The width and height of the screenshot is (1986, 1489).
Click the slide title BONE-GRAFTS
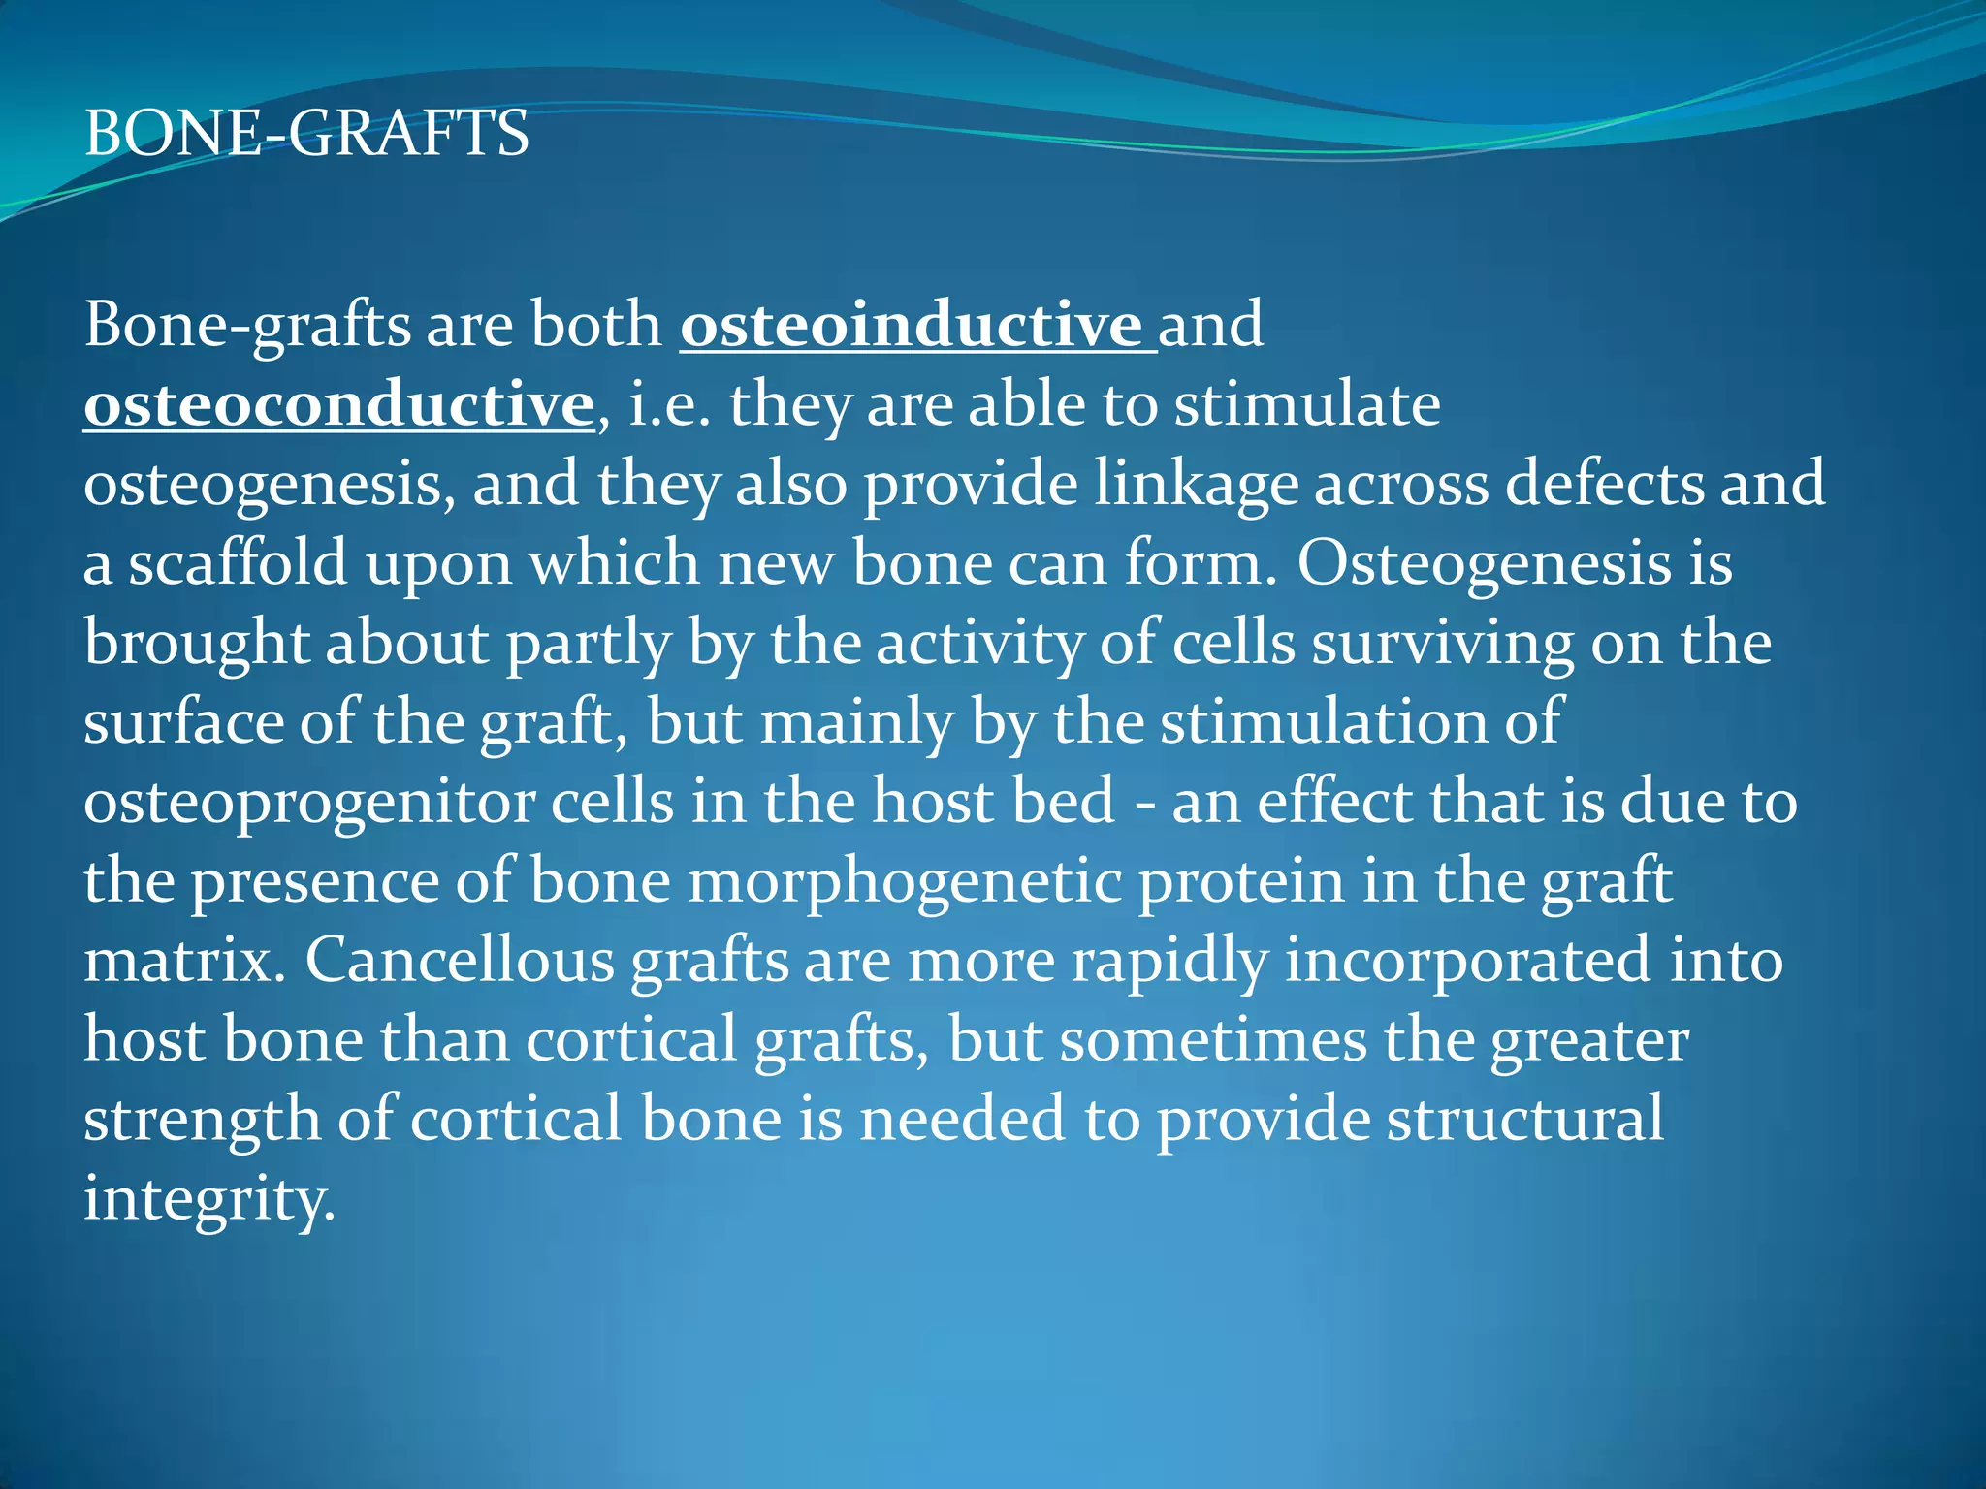pyautogui.click(x=306, y=134)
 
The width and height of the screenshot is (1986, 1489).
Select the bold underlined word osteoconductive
pyautogui.click(x=338, y=405)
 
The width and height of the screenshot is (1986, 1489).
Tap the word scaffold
pyautogui.click(x=239, y=563)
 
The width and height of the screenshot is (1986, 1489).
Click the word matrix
pyautogui.click(x=184, y=961)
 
